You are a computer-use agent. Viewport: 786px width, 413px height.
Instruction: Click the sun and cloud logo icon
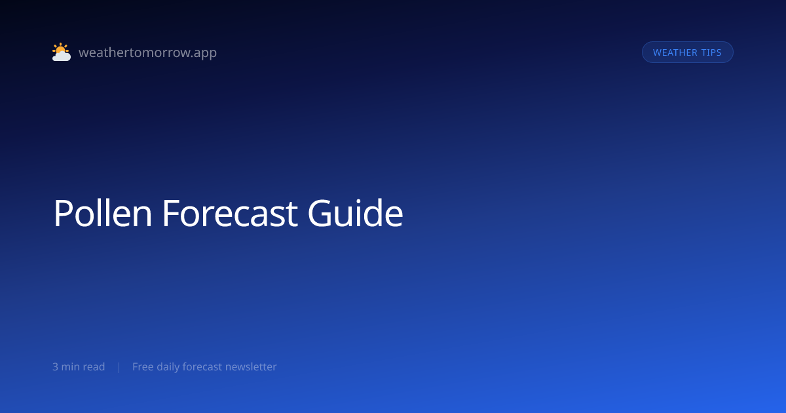(62, 52)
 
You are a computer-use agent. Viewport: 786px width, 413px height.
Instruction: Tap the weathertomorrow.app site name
(148, 52)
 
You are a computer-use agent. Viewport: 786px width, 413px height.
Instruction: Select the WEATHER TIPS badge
(687, 52)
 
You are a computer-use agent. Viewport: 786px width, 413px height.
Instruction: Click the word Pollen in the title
(103, 213)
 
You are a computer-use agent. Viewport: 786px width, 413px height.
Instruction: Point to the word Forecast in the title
(230, 213)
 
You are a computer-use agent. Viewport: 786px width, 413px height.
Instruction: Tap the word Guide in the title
(356, 213)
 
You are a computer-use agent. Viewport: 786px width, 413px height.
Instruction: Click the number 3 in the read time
(55, 366)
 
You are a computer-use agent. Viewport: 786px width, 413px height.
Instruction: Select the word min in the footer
(71, 366)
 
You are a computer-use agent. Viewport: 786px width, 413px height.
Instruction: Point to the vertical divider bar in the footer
(119, 367)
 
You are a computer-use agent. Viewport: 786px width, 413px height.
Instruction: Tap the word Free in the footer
(143, 366)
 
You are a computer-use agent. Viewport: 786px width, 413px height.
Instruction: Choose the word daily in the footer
(168, 367)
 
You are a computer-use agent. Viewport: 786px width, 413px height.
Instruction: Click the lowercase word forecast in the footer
(202, 366)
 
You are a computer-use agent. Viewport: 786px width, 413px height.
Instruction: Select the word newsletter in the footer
(251, 366)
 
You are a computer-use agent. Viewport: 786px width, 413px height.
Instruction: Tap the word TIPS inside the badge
(711, 52)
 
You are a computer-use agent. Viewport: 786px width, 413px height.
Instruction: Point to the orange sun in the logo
(60, 49)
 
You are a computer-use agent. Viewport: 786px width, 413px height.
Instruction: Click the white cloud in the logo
(62, 56)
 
